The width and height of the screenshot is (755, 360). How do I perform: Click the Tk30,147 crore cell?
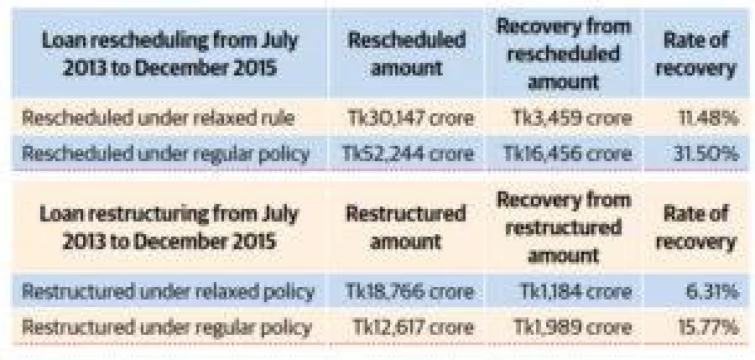tap(410, 118)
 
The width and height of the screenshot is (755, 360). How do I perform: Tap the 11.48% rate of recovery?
tap(708, 118)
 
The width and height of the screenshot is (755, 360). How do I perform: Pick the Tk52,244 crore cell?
tap(409, 154)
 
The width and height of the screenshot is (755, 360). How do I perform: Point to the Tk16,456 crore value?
tap(567, 154)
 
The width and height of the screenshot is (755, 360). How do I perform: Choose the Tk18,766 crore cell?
tap(410, 291)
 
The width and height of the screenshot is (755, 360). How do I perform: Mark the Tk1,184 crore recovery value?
tap(575, 291)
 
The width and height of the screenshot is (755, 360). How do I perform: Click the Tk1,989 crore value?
tap(572, 328)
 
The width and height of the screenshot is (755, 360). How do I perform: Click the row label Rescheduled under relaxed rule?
tap(159, 118)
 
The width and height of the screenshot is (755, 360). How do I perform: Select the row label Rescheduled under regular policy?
tap(166, 154)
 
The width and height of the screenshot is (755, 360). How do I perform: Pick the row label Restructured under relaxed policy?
tap(169, 291)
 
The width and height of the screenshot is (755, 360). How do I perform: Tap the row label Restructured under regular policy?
tap(166, 328)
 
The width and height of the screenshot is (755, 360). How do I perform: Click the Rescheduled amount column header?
tap(407, 54)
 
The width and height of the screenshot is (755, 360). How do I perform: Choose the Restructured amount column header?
tap(406, 227)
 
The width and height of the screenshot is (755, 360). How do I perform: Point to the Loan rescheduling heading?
tap(170, 54)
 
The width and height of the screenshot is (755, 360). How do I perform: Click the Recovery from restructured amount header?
tap(564, 227)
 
